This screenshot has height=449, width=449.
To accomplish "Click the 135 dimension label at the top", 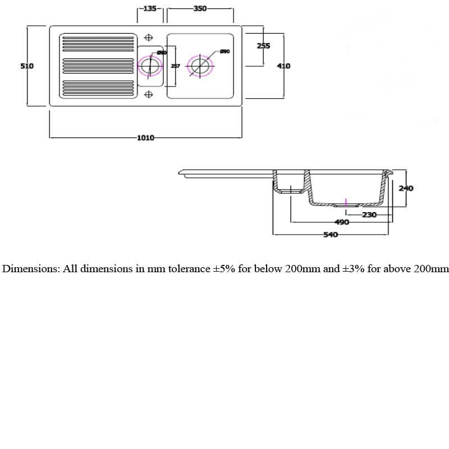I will pyautogui.click(x=150, y=9).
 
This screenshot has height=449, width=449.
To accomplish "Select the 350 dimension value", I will pyautogui.click(x=200, y=9).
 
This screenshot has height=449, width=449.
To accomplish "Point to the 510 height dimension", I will pyautogui.click(x=27, y=66).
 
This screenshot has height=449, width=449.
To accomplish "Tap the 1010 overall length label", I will pyautogui.click(x=145, y=138).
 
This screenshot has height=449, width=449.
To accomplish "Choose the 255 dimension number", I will pyautogui.click(x=263, y=46).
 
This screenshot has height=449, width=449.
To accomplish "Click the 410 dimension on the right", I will pyautogui.click(x=283, y=66).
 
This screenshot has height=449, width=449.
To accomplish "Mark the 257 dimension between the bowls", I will pyautogui.click(x=175, y=66).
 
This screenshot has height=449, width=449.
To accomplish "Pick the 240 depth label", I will pyautogui.click(x=406, y=189).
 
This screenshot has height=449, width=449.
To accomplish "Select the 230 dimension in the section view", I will pyautogui.click(x=369, y=214).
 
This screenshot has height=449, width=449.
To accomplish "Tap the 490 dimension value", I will pyautogui.click(x=342, y=222).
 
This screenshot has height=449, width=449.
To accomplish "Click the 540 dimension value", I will pyautogui.click(x=331, y=235).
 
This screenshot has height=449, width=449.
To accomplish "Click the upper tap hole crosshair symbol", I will pyautogui.click(x=149, y=38).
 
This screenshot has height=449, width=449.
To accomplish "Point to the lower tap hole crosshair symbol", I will pyautogui.click(x=149, y=94).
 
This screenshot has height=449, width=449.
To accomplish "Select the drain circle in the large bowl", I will pyautogui.click(x=199, y=66).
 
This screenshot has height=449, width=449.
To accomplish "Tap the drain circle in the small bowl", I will pyautogui.click(x=150, y=66).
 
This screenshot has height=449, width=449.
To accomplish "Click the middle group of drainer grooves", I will pyautogui.click(x=98, y=66).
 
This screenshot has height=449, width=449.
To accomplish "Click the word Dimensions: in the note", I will pyautogui.click(x=31, y=269).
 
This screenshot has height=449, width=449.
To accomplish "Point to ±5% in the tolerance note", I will pyautogui.click(x=224, y=269).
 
